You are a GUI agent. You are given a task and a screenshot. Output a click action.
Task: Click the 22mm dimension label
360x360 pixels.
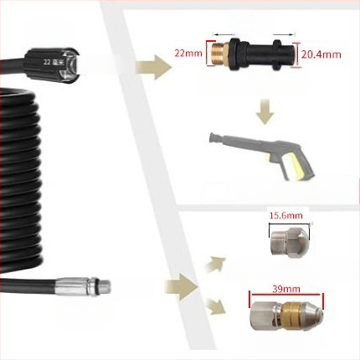pos(188,53)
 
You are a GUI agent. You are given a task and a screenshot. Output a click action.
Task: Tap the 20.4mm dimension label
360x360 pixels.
pos(321,54)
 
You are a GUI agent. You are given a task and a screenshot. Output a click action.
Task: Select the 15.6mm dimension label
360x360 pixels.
pos(286,215)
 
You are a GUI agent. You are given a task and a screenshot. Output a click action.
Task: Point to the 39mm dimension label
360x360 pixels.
pos(286,289)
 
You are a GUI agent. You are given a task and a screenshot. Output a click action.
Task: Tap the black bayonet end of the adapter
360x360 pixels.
pos(282,54)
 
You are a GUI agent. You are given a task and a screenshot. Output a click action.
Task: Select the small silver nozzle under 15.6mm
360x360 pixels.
pos(291,241)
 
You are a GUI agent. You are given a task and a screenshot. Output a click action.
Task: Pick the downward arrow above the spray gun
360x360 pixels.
pos(265,111)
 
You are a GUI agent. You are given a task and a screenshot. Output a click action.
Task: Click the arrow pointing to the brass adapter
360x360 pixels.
pos(154,67)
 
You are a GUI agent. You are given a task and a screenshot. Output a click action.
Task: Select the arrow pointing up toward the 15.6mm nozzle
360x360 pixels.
pos(215,264)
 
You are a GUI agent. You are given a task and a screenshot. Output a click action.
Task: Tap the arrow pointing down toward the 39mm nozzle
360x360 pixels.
pos(216,306)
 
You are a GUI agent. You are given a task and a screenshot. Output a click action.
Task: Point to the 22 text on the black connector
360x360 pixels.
pos(47,63)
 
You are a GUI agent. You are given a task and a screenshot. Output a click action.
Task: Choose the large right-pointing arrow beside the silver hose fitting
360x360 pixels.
pos(181,287)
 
